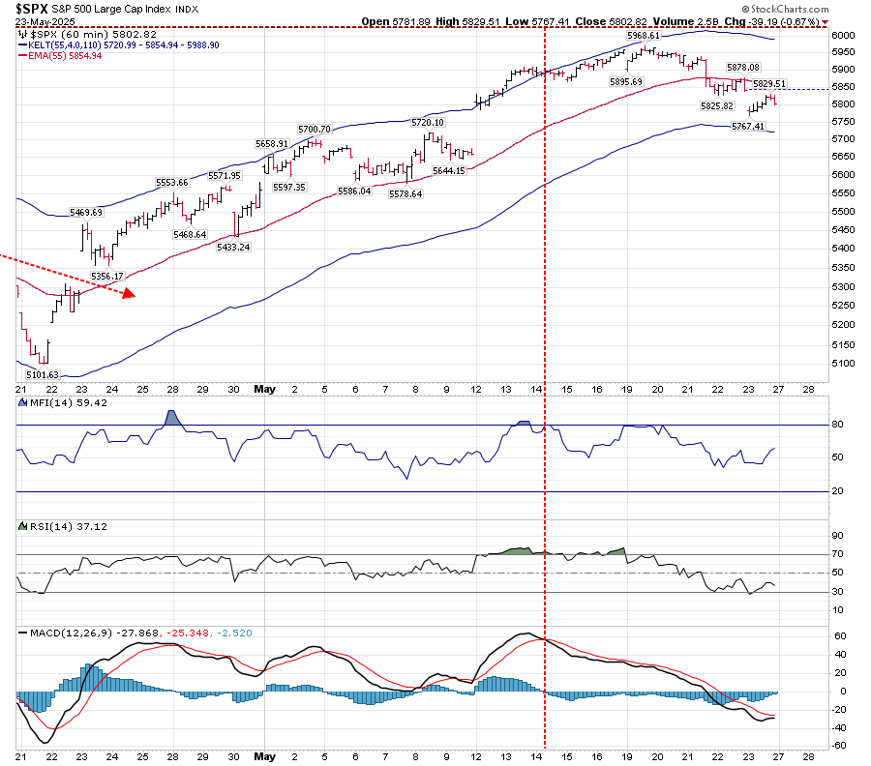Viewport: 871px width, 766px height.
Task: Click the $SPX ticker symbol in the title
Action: click(x=35, y=8)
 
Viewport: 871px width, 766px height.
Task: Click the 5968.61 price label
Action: click(x=644, y=36)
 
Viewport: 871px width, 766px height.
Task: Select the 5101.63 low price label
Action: click(x=43, y=373)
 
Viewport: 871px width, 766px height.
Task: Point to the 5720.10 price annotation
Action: click(x=427, y=123)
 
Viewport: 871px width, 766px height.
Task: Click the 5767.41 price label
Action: click(x=748, y=127)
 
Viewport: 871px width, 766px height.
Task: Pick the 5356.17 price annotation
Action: click(x=106, y=277)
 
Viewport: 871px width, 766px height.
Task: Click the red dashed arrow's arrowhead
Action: click(x=132, y=295)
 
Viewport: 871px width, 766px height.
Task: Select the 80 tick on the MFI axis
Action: click(x=839, y=425)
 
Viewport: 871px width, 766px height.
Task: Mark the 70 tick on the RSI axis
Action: click(x=839, y=554)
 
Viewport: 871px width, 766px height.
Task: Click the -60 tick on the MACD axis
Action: click(x=839, y=746)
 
